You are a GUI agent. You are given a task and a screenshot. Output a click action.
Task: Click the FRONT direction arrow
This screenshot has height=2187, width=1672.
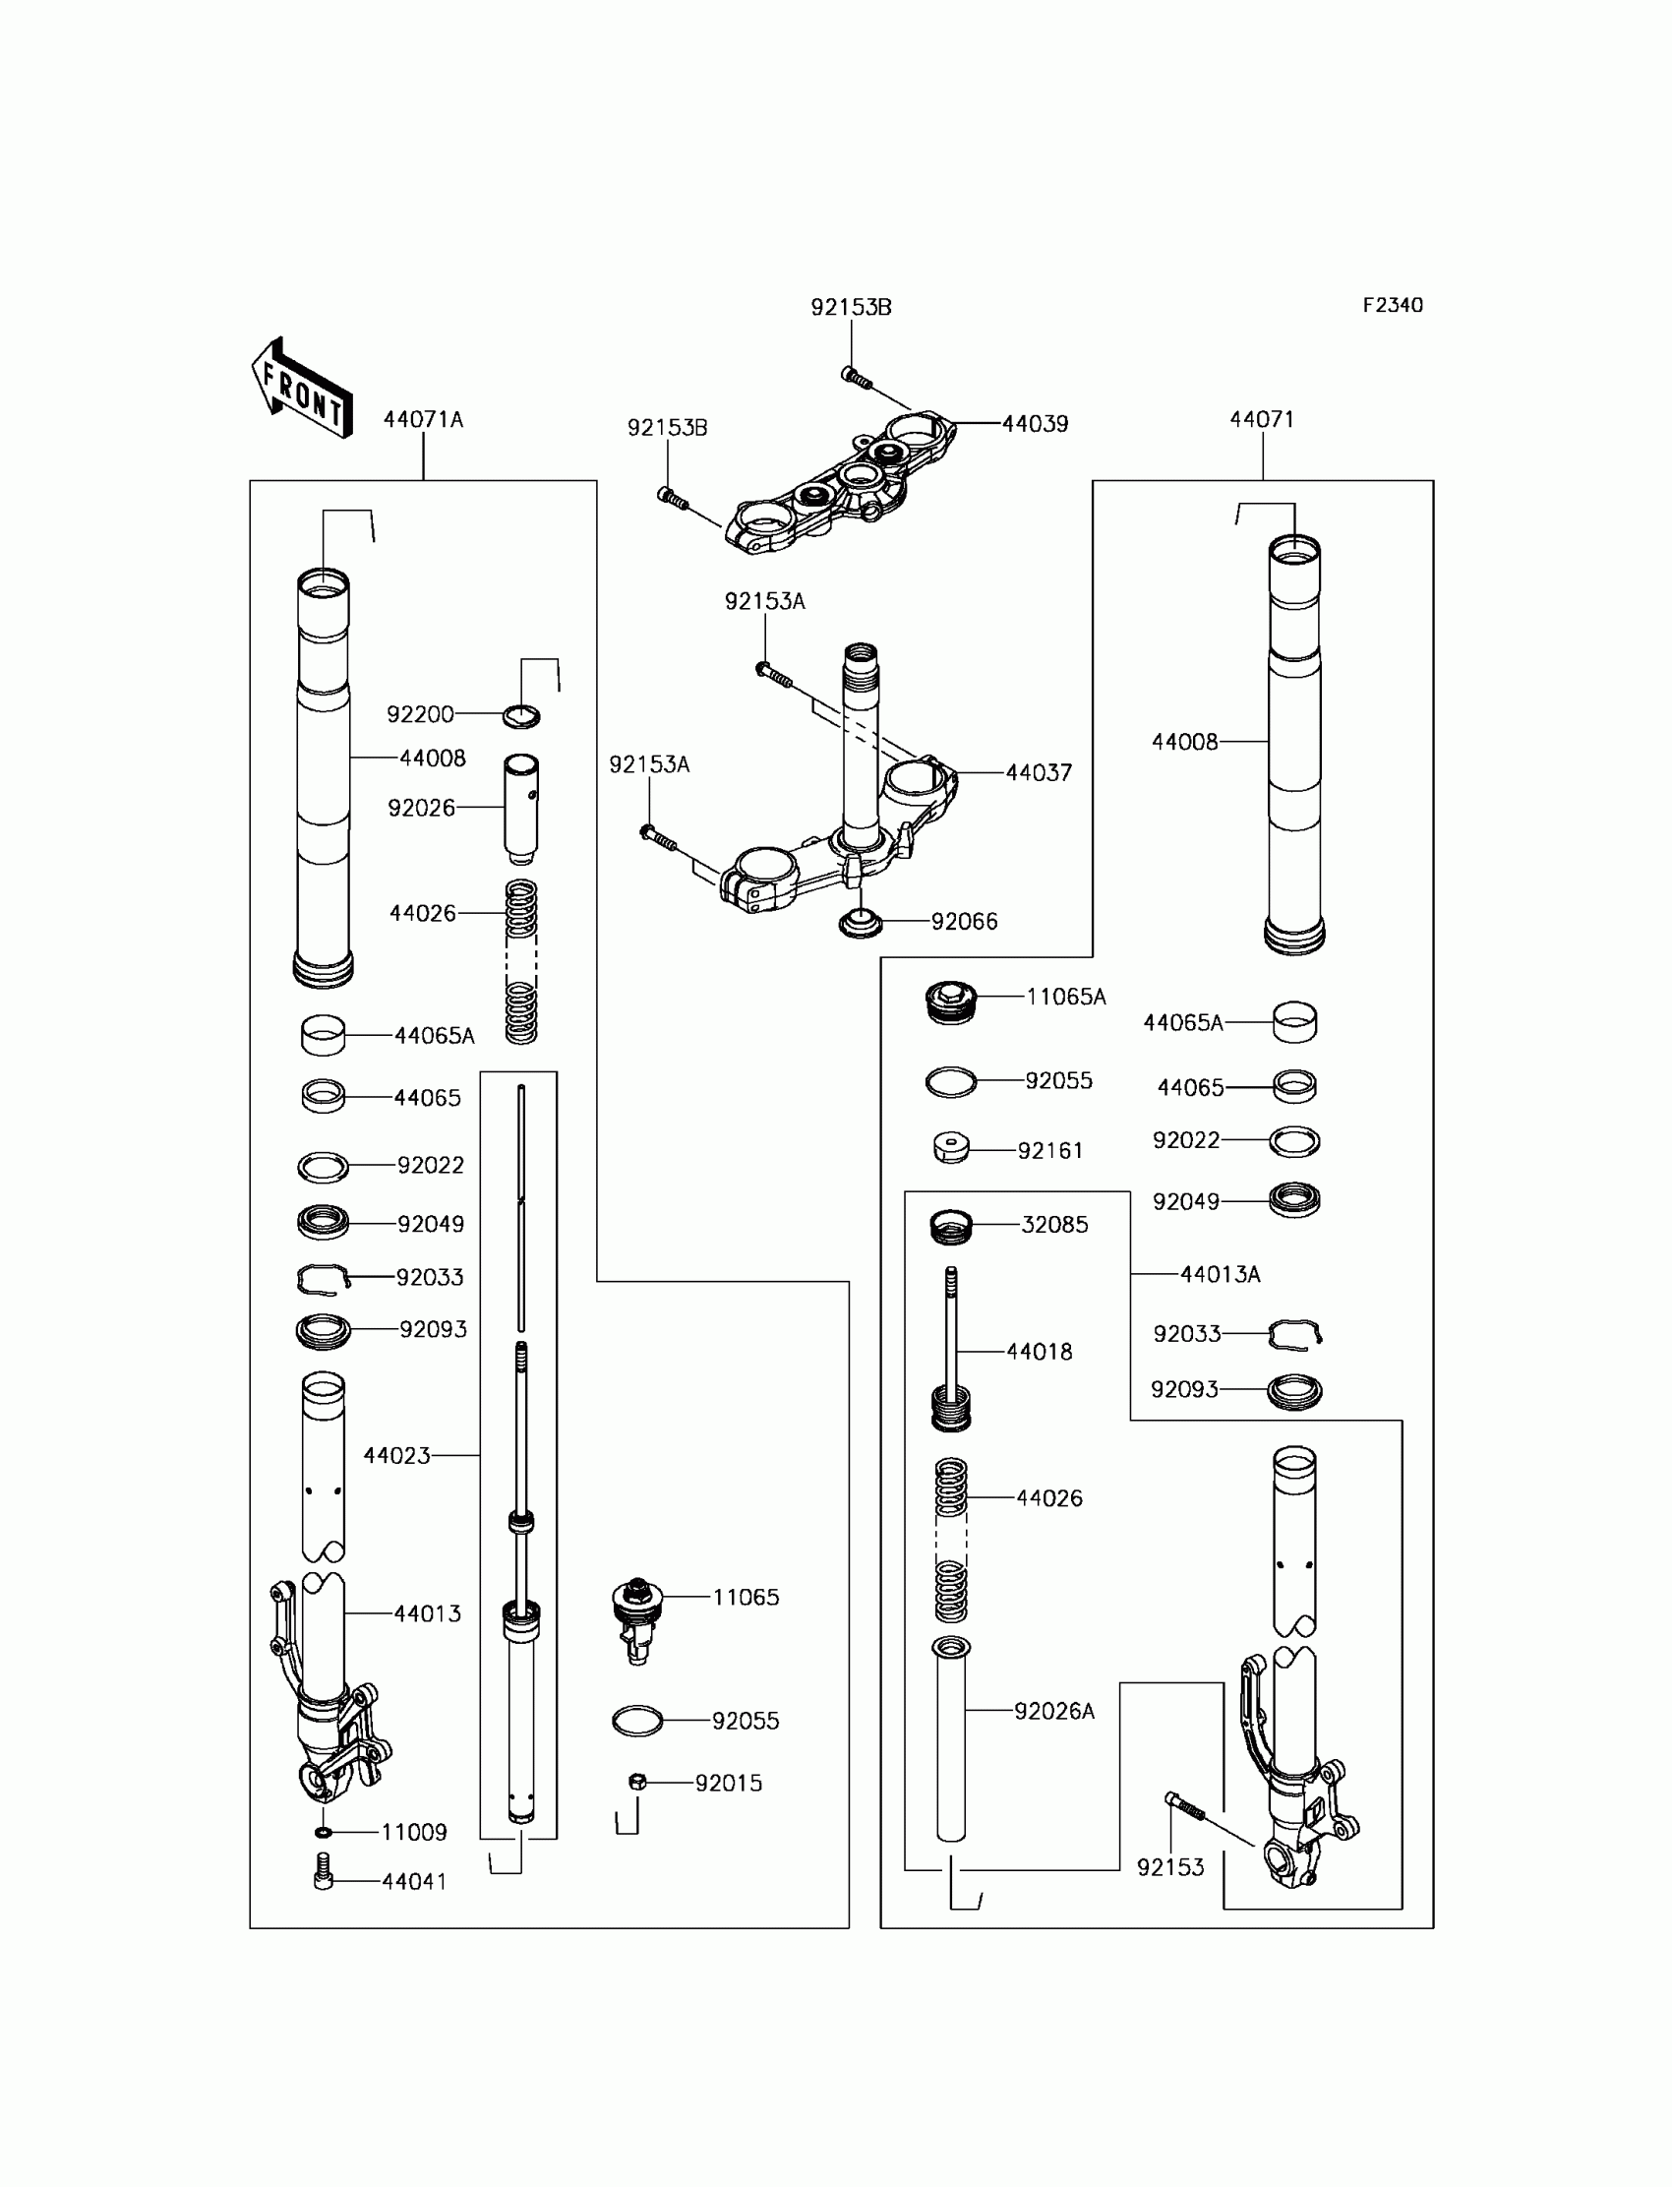(302, 389)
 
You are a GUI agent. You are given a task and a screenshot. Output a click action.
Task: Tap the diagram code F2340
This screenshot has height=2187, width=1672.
(1393, 306)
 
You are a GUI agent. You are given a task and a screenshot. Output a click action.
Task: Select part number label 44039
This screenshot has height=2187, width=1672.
(1035, 424)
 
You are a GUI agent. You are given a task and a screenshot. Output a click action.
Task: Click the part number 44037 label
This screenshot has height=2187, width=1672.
(1038, 772)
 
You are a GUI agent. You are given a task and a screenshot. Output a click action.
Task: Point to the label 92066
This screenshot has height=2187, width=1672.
(964, 922)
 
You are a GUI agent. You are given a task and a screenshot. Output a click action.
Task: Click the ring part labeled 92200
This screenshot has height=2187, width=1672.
(521, 716)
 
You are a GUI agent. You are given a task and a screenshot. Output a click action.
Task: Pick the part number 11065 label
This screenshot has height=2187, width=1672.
(746, 1598)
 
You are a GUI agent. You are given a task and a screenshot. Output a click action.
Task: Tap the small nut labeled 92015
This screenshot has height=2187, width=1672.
(638, 1782)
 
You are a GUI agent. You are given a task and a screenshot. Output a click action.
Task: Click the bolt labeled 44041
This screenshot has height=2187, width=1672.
(323, 1871)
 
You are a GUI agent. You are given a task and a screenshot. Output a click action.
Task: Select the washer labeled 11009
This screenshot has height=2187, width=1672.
(323, 1833)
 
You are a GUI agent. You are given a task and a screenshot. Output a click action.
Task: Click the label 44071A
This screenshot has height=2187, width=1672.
(423, 420)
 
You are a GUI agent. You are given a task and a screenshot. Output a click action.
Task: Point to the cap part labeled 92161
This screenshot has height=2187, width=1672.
(951, 1149)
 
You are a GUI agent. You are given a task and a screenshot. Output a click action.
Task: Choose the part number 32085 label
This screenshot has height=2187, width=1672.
(1054, 1226)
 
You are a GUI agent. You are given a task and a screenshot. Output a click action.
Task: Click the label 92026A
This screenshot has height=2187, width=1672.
(1054, 1711)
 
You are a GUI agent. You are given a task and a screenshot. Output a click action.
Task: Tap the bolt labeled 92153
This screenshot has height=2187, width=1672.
(1184, 1805)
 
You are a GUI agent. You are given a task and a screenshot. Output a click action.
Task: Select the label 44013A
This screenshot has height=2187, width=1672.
(1220, 1275)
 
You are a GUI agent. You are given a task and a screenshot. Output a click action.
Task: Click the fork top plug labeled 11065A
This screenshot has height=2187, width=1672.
(950, 1002)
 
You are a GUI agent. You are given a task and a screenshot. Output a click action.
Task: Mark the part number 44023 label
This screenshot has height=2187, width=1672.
(396, 1456)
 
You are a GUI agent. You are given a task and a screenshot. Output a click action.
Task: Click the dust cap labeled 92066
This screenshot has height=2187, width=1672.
(861, 923)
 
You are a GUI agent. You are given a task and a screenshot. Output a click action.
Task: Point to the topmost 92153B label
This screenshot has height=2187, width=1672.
(851, 308)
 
